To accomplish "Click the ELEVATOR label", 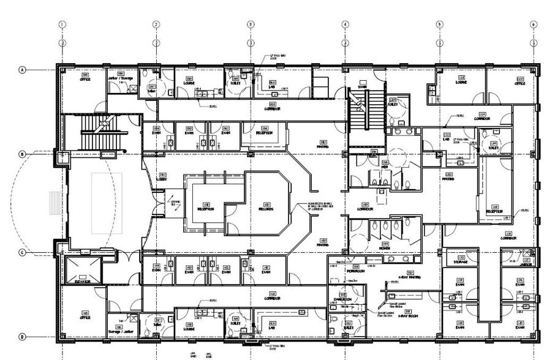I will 83,281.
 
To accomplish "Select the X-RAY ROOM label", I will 407,315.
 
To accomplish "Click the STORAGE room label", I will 461,262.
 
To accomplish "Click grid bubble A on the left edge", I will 23,70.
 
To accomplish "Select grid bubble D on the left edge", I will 23,336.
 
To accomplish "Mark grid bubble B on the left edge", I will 23,154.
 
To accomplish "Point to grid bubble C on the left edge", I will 23,252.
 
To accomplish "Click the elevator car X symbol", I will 83,268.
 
